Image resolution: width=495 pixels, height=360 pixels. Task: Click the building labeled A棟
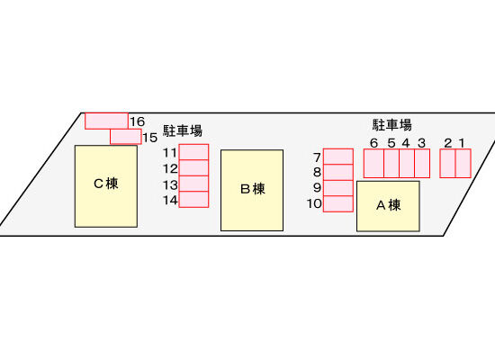click(388, 206)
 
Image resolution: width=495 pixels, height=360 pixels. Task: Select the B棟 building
click(252, 191)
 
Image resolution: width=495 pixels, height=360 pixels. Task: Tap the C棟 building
click(106, 186)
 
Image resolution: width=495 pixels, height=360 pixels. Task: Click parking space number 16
click(106, 121)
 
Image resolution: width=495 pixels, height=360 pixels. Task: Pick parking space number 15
click(126, 137)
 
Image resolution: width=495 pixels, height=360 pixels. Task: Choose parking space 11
click(193, 152)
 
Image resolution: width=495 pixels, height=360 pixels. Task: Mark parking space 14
click(193, 199)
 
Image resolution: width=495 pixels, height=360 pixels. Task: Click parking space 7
click(338, 157)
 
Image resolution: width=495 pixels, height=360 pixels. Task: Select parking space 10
click(338, 203)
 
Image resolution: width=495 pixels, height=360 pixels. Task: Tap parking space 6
click(373, 163)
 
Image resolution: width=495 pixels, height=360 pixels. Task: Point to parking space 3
click(422, 163)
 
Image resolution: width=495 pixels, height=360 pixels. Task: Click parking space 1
click(463, 163)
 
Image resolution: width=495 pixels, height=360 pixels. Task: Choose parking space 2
click(447, 163)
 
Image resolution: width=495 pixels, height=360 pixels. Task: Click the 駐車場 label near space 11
click(183, 130)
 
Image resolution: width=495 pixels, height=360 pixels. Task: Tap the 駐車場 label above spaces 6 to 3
click(392, 125)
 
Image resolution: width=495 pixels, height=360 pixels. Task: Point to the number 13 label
click(170, 184)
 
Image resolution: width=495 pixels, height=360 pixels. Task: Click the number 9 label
click(317, 187)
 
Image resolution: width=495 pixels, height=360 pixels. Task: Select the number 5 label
click(391, 143)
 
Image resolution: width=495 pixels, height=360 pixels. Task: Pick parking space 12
click(193, 168)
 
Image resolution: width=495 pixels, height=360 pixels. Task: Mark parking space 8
click(338, 173)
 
